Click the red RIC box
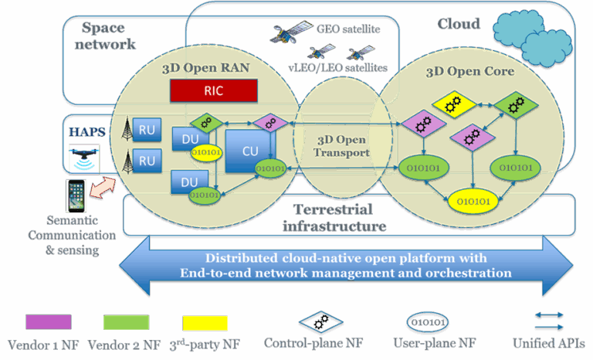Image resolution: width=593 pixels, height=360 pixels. (212, 90)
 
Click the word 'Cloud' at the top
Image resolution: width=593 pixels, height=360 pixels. (459, 24)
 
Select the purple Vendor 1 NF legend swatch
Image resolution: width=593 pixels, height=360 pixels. (48, 322)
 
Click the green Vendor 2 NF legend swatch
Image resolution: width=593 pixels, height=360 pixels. (126, 322)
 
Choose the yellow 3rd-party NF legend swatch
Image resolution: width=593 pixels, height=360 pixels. (205, 322)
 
